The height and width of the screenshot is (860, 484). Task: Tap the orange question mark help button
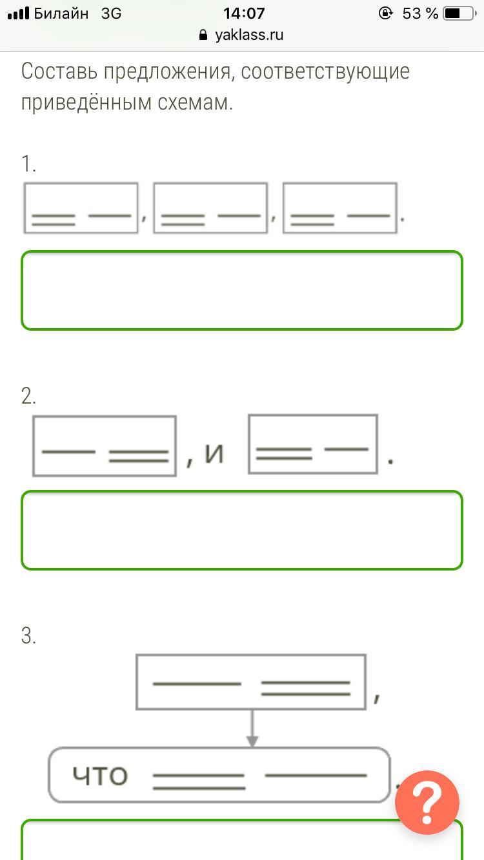(x=427, y=803)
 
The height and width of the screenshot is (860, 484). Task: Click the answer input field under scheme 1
(x=242, y=290)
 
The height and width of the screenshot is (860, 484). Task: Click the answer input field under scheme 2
(x=242, y=530)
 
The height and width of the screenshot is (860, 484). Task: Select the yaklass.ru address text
(x=249, y=35)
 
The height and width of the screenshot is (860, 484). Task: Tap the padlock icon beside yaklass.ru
(x=203, y=35)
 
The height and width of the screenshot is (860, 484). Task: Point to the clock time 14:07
(x=244, y=14)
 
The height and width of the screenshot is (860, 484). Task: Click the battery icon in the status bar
(x=459, y=14)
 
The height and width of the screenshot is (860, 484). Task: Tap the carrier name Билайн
(x=61, y=14)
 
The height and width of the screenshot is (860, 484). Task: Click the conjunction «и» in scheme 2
(x=214, y=453)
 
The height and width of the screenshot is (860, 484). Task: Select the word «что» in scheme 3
(x=100, y=776)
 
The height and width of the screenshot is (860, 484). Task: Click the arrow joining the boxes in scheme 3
(x=252, y=728)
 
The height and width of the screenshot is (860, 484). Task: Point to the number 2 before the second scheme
(x=28, y=396)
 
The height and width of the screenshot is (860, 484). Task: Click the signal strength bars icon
(x=19, y=14)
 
